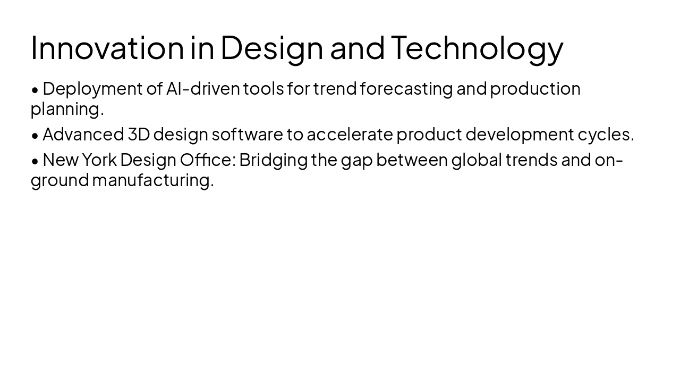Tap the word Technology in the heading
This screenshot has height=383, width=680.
(477, 47)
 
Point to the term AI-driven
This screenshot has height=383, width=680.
(203, 89)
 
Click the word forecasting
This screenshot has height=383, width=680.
(406, 89)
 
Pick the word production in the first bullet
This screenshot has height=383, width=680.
(535, 89)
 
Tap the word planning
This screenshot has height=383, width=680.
(67, 109)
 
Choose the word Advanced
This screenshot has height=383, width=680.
(83, 135)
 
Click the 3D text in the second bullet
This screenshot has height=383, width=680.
(139, 135)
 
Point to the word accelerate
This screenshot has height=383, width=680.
(350, 135)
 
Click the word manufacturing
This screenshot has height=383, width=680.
(153, 180)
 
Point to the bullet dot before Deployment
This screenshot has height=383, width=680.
(35, 90)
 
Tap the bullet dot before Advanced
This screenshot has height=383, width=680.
(35, 136)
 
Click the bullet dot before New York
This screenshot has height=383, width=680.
(35, 161)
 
